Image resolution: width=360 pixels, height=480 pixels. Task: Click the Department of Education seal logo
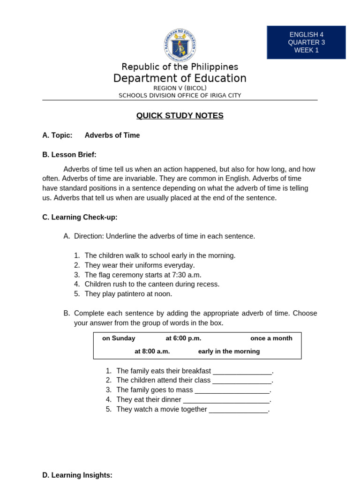coord(180,45)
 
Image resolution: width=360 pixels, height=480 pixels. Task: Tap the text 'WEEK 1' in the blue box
coord(306,50)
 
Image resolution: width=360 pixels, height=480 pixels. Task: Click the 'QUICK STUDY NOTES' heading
coord(180,116)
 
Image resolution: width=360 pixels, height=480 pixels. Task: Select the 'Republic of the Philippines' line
coord(180,67)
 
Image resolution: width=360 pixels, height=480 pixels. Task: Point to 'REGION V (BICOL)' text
coord(180,88)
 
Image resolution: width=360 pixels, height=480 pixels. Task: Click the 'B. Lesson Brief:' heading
coord(69,155)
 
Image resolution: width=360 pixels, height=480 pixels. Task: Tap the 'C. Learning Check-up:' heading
coord(80,217)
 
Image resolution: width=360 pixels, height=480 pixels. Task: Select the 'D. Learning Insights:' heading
coord(77,475)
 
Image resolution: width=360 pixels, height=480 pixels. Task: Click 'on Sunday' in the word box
coord(119,338)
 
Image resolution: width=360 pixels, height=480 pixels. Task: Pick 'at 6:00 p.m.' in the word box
coord(183,338)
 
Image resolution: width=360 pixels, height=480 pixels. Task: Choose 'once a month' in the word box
coord(271,338)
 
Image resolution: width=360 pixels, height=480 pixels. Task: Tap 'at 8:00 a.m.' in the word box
coord(152,352)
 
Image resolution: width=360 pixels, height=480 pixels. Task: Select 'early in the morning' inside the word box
coord(229,352)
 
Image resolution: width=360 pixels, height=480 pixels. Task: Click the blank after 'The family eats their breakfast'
coord(242,371)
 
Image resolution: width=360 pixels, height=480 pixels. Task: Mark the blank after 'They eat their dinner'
coord(226,400)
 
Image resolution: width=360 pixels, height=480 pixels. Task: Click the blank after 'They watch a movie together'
coord(238,410)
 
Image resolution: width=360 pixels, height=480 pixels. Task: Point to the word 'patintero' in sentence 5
coord(133,294)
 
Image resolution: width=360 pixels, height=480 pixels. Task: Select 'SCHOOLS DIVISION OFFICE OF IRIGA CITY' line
coord(180,96)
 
